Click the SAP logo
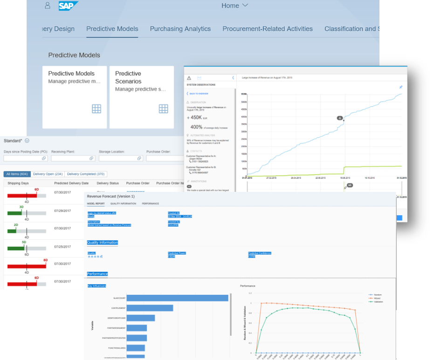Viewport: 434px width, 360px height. pyautogui.click(x=68, y=6)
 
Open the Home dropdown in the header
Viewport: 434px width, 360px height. pyautogui.click(x=234, y=6)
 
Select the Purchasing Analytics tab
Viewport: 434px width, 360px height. pyautogui.click(x=180, y=29)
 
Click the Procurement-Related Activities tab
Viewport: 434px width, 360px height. pyautogui.click(x=267, y=29)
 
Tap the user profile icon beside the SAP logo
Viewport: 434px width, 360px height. pyautogui.click(x=48, y=6)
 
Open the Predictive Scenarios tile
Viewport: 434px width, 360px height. pyautogui.click(x=141, y=97)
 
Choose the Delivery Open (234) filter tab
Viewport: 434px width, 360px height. pyautogui.click(x=48, y=174)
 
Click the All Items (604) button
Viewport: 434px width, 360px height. pyautogui.click(x=17, y=174)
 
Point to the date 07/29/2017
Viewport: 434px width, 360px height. pyautogui.click(x=62, y=211)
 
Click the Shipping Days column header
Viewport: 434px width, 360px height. pyautogui.click(x=18, y=183)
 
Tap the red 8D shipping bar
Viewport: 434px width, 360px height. pyautogui.click(x=27, y=265)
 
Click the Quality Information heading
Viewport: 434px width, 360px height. pyautogui.click(x=103, y=243)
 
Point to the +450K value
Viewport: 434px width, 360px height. pyautogui.click(x=195, y=117)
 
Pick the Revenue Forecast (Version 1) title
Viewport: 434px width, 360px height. pyautogui.click(x=110, y=196)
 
